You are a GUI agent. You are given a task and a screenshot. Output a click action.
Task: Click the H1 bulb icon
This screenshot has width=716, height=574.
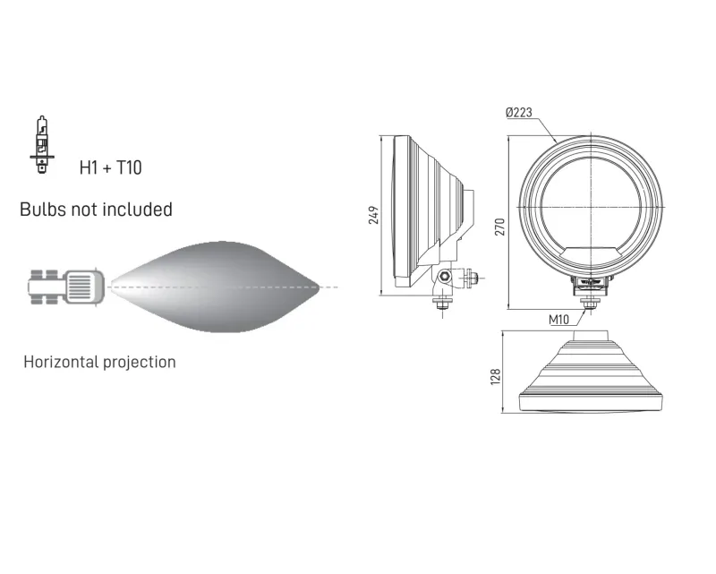pyautogui.click(x=42, y=144)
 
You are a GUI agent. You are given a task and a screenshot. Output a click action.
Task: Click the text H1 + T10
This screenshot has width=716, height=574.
pyautogui.click(x=110, y=167)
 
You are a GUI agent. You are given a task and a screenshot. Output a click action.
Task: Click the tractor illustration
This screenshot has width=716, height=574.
pyautogui.click(x=66, y=287)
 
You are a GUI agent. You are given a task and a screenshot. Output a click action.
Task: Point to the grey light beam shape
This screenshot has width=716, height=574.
pyautogui.click(x=215, y=287)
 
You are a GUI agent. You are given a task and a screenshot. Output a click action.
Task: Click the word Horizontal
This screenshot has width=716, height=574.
pyautogui.click(x=61, y=362)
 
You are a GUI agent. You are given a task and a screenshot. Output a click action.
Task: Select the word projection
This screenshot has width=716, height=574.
pyautogui.click(x=139, y=363)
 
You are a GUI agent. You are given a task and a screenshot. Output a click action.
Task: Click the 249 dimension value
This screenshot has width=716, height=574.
pyautogui.click(x=373, y=215)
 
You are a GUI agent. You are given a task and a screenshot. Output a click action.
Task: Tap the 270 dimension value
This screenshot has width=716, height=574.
pyautogui.click(x=500, y=227)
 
